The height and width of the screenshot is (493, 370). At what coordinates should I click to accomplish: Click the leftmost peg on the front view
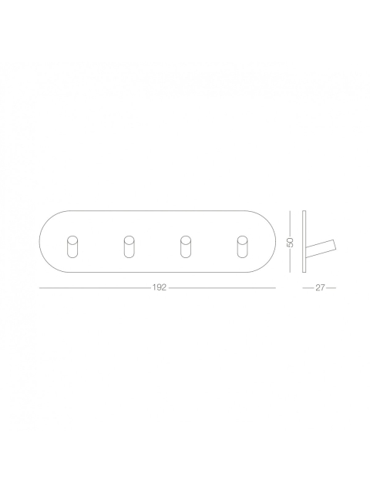pyautogui.click(x=72, y=246)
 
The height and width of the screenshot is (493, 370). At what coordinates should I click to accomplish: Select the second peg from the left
pyautogui.click(x=129, y=246)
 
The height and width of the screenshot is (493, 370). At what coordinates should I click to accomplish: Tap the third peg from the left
pyautogui.click(x=185, y=246)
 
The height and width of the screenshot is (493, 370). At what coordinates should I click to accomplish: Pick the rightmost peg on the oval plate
pyautogui.click(x=242, y=246)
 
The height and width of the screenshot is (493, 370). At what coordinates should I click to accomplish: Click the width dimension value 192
pyautogui.click(x=160, y=287)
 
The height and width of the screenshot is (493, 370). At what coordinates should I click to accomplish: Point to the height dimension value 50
pyautogui.click(x=290, y=242)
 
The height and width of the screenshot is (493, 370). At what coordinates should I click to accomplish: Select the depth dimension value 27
pyautogui.click(x=320, y=287)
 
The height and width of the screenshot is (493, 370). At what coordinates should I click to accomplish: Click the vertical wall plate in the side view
pyautogui.click(x=304, y=241)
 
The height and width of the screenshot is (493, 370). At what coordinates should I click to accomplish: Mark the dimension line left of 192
pyautogui.click(x=95, y=287)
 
